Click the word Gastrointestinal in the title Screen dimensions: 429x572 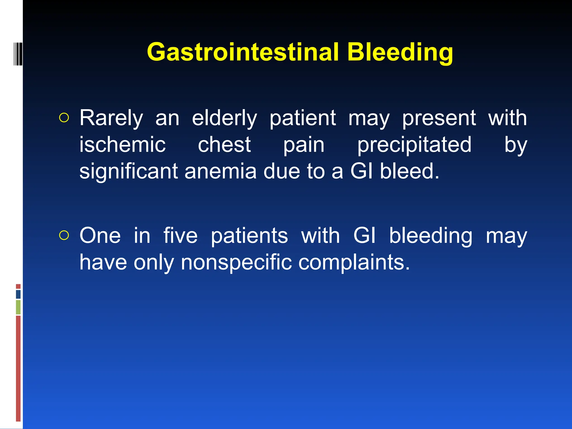coord(242,52)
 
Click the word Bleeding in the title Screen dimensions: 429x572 coord(400,52)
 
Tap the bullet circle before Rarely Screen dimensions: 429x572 coord(64,118)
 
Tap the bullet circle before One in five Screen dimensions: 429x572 coord(64,235)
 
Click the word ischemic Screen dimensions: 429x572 coord(122,145)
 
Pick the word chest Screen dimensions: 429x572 coord(224,145)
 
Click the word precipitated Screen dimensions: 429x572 coord(414,145)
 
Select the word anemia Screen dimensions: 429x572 coord(220,171)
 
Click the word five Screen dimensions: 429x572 coord(180,236)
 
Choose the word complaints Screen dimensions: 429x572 coord(354,263)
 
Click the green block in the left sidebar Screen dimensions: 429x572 coord(18,307)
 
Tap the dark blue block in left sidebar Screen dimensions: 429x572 coord(18,294)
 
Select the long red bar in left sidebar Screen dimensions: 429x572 coord(18,368)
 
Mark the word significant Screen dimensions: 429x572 coord(128,171)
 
